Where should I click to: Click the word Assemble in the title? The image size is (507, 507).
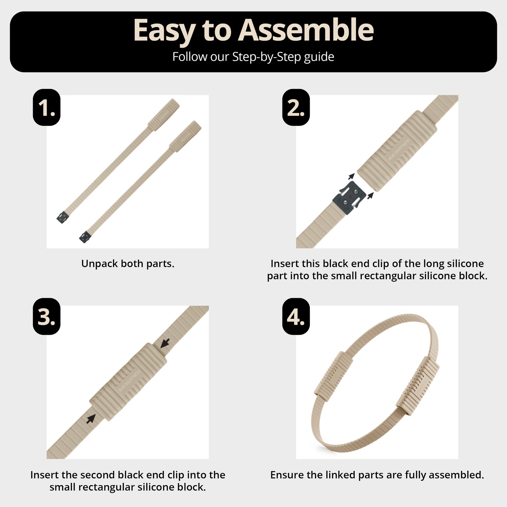click(x=306, y=30)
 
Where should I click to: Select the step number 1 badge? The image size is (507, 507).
click(x=47, y=107)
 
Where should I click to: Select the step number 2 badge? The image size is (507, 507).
click(x=296, y=107)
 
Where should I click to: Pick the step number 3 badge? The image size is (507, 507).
click(x=47, y=316)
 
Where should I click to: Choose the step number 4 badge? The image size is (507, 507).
click(x=296, y=316)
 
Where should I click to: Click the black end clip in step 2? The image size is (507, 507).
click(x=349, y=197)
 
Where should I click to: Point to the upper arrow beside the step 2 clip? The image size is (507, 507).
click(x=351, y=176)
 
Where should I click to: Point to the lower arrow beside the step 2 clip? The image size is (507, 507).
click(x=371, y=195)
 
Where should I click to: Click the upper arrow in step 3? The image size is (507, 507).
click(x=165, y=343)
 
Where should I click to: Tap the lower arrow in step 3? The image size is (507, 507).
click(x=91, y=418)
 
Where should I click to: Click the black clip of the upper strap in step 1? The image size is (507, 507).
click(x=63, y=218)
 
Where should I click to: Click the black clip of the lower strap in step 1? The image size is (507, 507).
click(x=85, y=237)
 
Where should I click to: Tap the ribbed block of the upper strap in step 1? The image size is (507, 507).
click(x=164, y=115)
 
